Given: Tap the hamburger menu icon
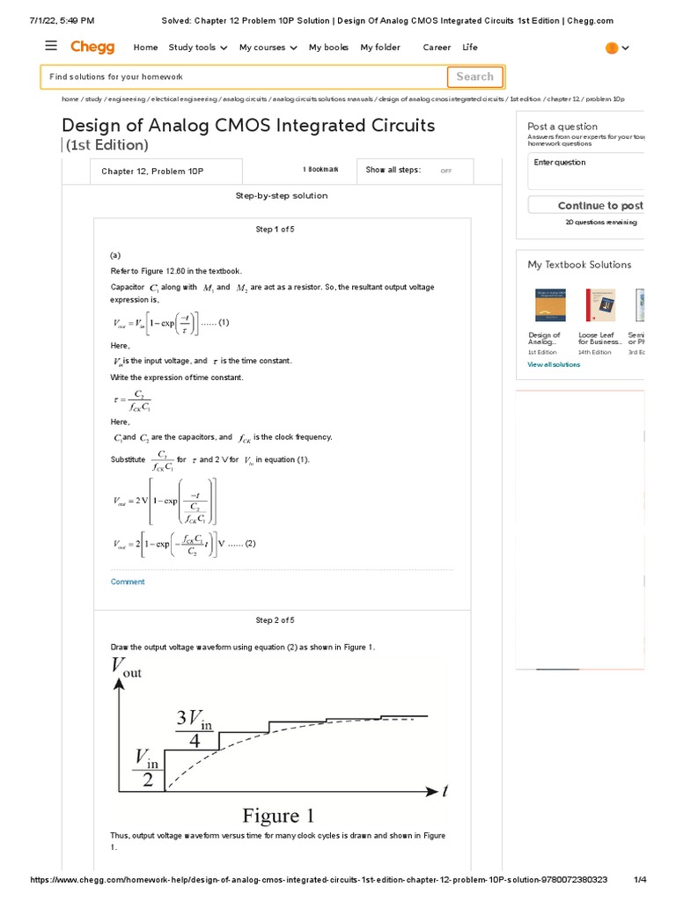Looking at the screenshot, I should (51, 47).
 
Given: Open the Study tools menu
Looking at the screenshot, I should (198, 48).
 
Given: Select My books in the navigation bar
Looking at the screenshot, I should (328, 48).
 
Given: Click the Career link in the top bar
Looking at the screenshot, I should (437, 48).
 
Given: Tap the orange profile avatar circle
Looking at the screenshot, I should (612, 48).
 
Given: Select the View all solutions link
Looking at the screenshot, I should (554, 364).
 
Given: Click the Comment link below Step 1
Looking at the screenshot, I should (128, 582).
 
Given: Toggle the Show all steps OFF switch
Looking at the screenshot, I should (446, 171).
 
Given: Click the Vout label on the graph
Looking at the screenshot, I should (126, 668).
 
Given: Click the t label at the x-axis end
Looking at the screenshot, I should (445, 791).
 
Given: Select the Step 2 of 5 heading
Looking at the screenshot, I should (275, 620).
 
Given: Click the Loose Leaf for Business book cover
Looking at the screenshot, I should (600, 305).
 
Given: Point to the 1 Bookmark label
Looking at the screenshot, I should (320, 170).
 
